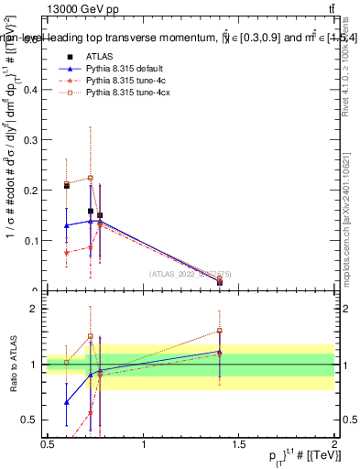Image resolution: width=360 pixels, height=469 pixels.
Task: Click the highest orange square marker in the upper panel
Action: click(x=91, y=178)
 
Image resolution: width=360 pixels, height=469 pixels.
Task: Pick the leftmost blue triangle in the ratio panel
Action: click(x=66, y=402)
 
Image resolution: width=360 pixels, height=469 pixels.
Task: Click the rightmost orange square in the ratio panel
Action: click(x=220, y=331)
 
